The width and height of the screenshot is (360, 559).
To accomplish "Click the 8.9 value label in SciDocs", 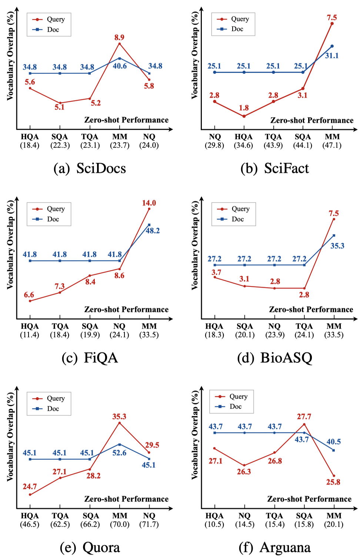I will [x=119, y=37].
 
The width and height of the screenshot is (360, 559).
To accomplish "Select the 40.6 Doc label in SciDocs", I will [x=120, y=66].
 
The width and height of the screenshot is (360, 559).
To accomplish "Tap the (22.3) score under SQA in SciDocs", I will [x=60, y=145].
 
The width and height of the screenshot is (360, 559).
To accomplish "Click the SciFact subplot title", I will [x=274, y=168].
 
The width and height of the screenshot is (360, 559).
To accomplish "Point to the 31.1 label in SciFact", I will [x=332, y=56].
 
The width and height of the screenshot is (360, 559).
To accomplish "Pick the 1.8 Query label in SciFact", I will [x=244, y=108].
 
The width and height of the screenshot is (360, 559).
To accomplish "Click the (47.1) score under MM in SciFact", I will [x=332, y=145].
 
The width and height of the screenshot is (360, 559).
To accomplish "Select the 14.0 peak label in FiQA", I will [x=149, y=203].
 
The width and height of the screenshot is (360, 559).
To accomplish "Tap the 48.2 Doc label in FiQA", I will [x=153, y=231].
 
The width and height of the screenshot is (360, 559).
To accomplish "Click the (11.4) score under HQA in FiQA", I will [x=30, y=335].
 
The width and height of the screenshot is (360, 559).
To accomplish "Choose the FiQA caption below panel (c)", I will [x=90, y=358].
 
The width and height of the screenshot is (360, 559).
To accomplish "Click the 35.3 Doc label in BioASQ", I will [x=337, y=246].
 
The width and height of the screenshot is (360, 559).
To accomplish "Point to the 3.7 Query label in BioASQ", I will [x=216, y=272].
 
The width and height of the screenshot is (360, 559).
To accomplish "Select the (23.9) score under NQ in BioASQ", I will [x=274, y=335].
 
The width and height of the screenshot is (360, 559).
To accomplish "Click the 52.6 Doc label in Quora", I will [x=119, y=453].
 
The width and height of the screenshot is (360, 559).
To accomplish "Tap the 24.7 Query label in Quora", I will [x=30, y=486].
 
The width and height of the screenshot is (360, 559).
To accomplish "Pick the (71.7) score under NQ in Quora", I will [x=149, y=524].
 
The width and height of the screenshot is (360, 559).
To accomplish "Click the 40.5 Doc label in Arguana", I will [x=334, y=442].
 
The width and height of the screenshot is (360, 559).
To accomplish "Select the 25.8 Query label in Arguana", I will [x=333, y=482].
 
